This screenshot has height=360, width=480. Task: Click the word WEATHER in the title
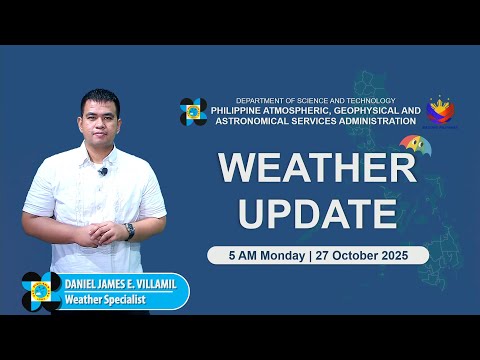click(317, 168)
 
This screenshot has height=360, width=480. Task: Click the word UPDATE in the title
click(317, 211)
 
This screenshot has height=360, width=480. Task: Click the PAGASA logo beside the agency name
click(193, 112)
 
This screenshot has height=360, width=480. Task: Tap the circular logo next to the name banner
click(41, 292)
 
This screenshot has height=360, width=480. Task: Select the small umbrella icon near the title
click(409, 146)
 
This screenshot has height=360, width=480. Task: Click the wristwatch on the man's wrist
click(129, 231)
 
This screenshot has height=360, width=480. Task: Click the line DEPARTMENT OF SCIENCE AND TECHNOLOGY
click(315, 101)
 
